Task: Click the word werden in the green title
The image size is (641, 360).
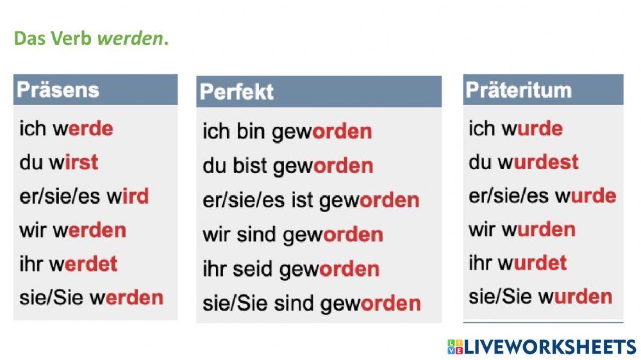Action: pos(130,38)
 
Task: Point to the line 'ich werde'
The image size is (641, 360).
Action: pos(66,128)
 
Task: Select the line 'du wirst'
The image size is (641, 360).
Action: pos(59,162)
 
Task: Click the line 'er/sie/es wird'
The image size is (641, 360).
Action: pos(84,196)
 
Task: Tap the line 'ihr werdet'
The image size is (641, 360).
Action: pos(69,263)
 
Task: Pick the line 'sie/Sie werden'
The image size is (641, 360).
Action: pos(91,297)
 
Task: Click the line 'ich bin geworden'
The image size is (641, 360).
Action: pos(287,132)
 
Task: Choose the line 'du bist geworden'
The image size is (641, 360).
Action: pos(288,166)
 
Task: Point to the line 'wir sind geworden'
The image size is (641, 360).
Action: pos(293,234)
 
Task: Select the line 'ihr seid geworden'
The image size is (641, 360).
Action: pos(291,268)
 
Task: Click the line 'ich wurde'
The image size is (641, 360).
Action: pos(515,128)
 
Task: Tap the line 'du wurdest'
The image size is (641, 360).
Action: pos(523,161)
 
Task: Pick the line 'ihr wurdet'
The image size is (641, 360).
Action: pos(517,263)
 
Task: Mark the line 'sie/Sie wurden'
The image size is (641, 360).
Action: pos(540,297)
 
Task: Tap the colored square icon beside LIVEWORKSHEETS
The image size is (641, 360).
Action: pos(454,347)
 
